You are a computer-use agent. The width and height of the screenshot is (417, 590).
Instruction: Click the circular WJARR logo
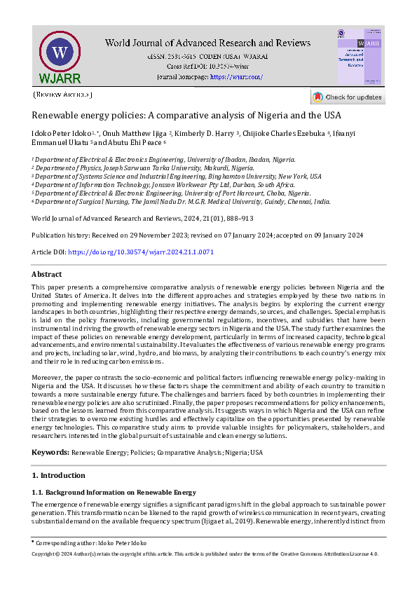(60, 53)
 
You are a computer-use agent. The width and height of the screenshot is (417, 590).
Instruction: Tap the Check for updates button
(348, 97)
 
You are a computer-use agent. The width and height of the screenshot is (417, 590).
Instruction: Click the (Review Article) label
(62, 94)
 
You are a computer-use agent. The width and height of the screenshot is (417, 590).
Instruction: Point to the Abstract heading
(46, 275)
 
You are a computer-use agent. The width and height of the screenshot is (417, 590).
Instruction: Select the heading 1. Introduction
(59, 476)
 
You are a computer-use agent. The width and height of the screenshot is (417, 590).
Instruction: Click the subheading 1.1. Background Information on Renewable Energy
(114, 492)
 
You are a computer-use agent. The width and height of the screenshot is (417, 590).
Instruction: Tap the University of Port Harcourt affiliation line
(172, 193)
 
